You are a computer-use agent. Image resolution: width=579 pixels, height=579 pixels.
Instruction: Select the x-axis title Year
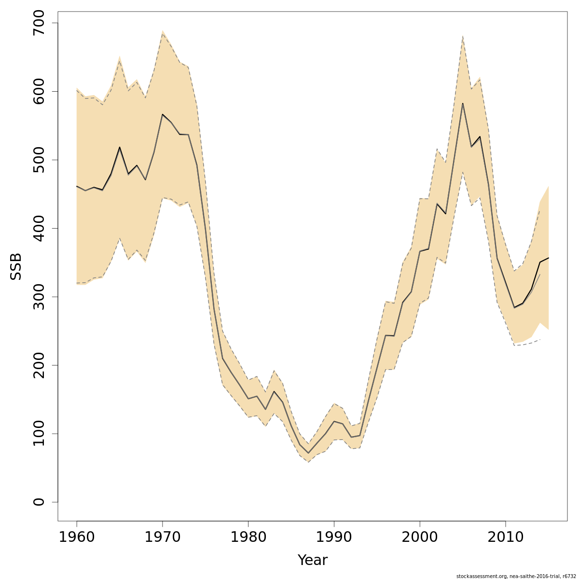pos(312,560)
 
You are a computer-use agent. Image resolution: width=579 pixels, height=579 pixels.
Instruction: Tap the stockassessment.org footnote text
pos(516,576)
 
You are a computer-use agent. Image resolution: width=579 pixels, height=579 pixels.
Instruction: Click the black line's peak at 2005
pos(463,103)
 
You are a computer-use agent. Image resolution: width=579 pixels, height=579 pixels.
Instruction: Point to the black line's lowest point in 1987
pos(308,453)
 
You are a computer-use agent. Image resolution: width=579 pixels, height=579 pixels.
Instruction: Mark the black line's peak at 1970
pos(163,114)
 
